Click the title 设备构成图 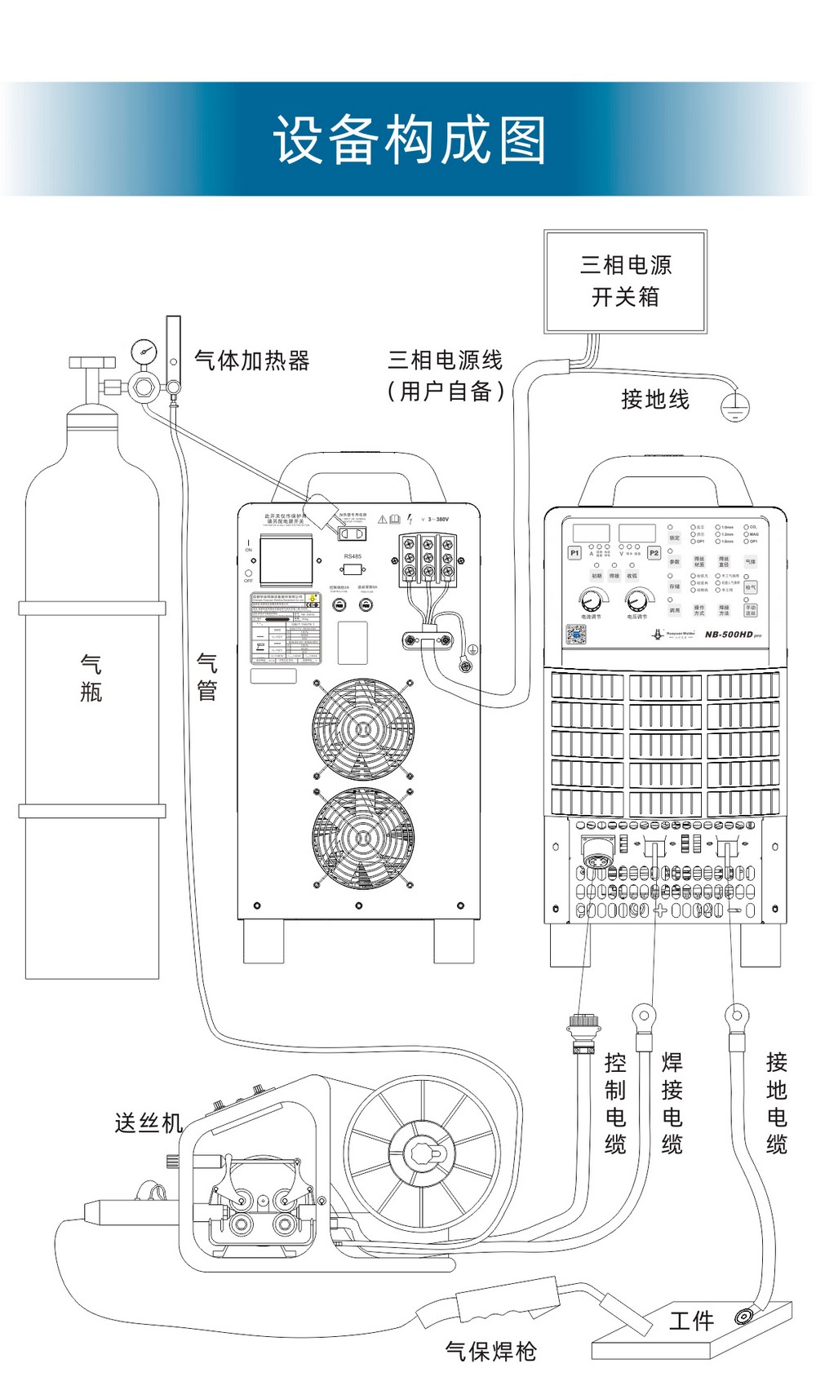[x=409, y=139]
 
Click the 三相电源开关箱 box [x=625, y=281]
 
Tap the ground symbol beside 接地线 [x=734, y=406]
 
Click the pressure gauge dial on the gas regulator [x=144, y=352]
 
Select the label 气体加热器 [x=251, y=361]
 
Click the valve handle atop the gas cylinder [x=92, y=362]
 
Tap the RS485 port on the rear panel [x=353, y=569]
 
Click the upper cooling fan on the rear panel [x=362, y=728]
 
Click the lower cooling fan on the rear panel [x=362, y=837]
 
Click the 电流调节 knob [x=590, y=601]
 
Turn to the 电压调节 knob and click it [x=636, y=601]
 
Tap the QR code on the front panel [x=576, y=634]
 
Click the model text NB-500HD [x=729, y=634]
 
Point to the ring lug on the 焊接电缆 [x=644, y=1016]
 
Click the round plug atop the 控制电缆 [x=583, y=1025]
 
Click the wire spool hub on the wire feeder [x=422, y=1153]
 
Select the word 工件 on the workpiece [x=690, y=1321]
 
